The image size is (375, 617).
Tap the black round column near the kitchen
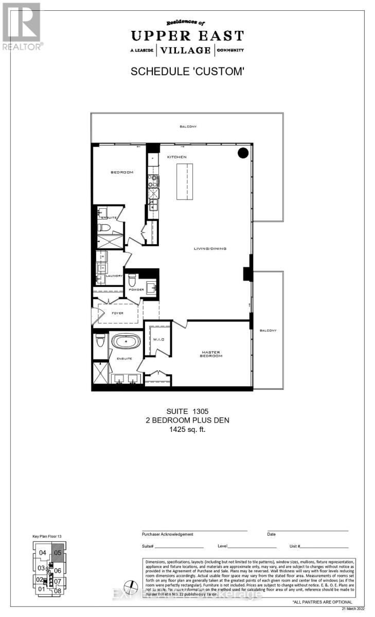click(243, 153)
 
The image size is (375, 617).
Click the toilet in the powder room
click(132, 281)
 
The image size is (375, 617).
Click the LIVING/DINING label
click(210, 249)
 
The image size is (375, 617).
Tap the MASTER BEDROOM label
click(211, 354)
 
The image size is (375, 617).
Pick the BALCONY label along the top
click(188, 126)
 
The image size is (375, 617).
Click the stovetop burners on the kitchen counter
click(153, 180)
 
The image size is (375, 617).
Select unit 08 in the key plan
click(58, 591)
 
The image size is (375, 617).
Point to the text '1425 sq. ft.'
click(188, 430)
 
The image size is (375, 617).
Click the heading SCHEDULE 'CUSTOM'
click(187, 71)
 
